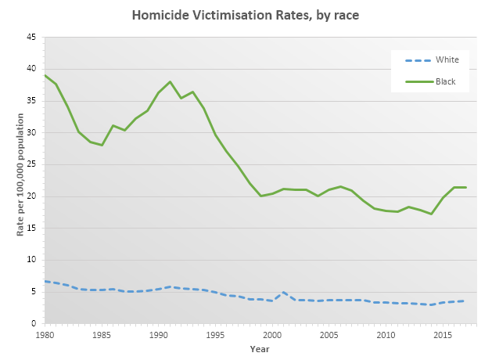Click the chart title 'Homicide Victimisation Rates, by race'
(x=246, y=15)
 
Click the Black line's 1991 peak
(x=170, y=81)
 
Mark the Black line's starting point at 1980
(x=45, y=75)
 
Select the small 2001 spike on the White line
(x=283, y=292)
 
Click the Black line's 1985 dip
(x=102, y=145)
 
